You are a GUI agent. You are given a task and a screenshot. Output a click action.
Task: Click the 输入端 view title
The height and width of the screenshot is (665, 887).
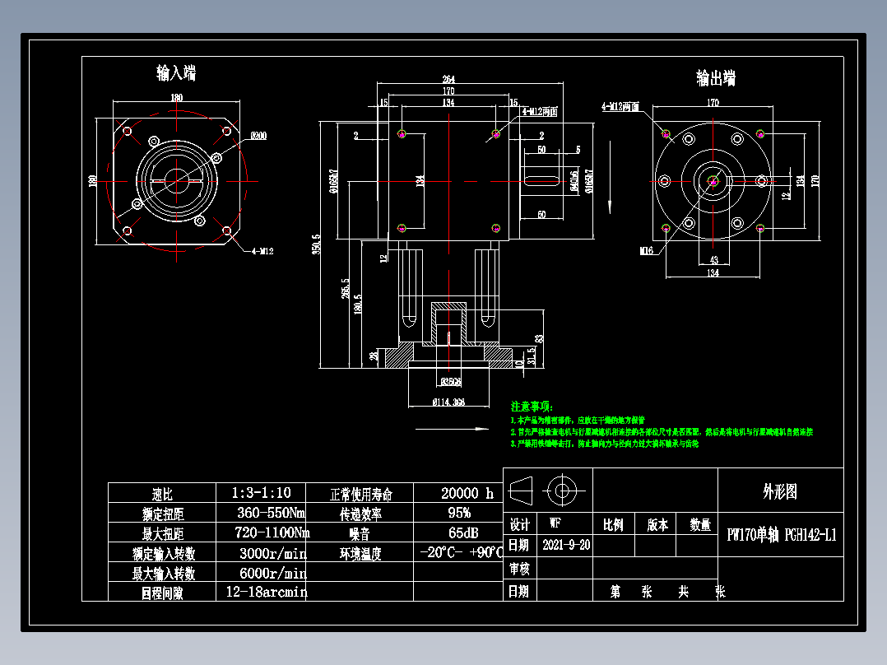tap(176, 73)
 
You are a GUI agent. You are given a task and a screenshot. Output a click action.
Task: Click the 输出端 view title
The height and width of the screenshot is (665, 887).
tap(715, 78)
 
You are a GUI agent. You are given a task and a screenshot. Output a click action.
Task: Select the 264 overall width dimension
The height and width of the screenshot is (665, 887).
tap(448, 79)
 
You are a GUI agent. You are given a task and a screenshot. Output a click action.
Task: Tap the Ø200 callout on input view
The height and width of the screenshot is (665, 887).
tap(258, 135)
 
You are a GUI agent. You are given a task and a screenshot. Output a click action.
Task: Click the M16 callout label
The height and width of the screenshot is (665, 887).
tap(646, 250)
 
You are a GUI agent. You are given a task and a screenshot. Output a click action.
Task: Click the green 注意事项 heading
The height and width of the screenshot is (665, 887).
tap(532, 407)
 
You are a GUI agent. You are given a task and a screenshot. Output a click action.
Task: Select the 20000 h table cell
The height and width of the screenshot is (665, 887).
tap(467, 493)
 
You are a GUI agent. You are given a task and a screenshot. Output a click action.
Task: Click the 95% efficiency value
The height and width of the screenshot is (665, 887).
tap(458, 513)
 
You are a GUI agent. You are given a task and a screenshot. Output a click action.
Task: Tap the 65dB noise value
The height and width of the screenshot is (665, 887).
tap(459, 532)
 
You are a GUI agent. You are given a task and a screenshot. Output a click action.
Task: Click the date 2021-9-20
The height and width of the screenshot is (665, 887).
tap(567, 545)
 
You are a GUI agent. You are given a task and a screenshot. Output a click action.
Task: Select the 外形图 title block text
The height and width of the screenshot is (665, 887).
tap(779, 492)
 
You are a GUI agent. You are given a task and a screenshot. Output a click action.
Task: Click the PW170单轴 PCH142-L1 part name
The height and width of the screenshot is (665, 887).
tap(782, 535)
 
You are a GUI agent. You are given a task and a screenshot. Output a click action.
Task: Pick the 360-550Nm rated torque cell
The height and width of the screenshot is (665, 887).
tap(262, 513)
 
